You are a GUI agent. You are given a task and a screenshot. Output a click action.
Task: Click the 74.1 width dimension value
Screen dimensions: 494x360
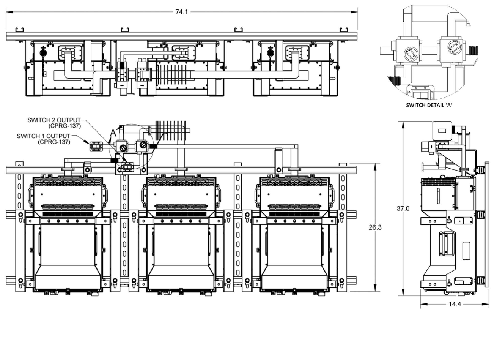[181, 12]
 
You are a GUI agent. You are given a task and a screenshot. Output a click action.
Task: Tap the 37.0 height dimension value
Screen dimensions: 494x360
[403, 208]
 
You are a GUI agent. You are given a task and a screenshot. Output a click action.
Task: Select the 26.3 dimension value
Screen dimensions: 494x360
[375, 227]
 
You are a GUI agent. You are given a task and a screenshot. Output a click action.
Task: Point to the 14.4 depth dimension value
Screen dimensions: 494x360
[455, 304]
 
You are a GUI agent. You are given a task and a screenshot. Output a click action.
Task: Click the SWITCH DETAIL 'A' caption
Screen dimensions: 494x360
[429, 105]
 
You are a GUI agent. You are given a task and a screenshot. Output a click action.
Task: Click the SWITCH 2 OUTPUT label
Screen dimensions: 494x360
[54, 120]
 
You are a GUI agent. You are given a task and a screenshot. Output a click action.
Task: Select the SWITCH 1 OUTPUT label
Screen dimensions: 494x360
[44, 136]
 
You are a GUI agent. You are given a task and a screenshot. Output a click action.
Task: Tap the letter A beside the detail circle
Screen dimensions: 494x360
[113, 133]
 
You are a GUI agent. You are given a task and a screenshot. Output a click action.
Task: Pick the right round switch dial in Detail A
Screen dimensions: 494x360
[455, 47]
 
